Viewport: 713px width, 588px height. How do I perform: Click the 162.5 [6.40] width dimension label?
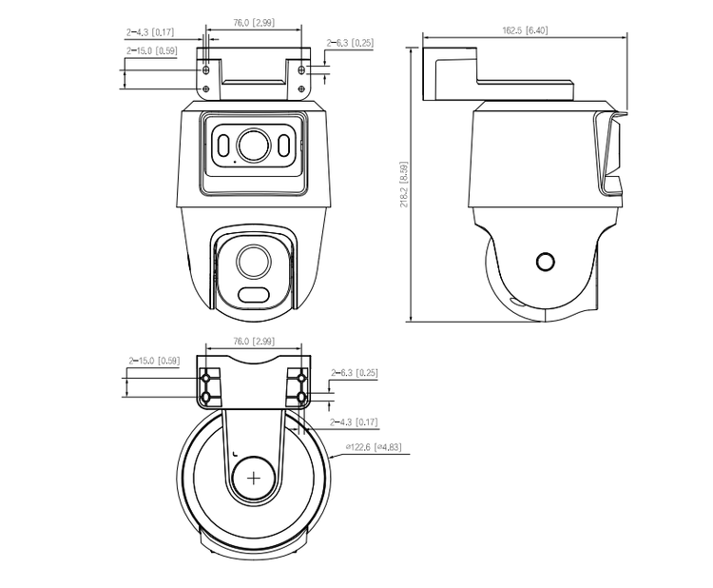tap(525, 30)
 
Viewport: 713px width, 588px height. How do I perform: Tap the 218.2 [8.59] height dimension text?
tap(404, 185)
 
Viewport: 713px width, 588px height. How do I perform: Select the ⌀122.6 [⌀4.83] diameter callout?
tap(374, 447)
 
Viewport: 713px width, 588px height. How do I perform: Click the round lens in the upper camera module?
tap(253, 145)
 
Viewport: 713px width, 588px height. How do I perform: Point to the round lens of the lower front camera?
tap(254, 262)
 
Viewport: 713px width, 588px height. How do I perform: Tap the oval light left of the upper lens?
tap(223, 146)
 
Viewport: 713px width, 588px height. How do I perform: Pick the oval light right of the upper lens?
tap(283, 146)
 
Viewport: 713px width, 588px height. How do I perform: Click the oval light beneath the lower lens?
tap(254, 294)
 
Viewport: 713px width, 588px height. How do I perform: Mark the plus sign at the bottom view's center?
tap(254, 479)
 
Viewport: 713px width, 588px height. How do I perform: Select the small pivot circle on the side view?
tap(546, 262)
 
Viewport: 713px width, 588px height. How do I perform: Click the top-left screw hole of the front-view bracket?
tap(206, 69)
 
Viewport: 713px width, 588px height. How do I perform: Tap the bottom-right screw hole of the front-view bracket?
tap(301, 88)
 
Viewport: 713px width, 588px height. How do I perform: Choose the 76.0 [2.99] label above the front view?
tap(254, 23)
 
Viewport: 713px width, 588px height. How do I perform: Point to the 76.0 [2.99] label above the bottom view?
tap(254, 342)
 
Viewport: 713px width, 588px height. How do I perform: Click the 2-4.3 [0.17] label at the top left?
tap(150, 32)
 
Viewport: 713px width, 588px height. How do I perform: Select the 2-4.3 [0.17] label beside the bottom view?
tap(354, 421)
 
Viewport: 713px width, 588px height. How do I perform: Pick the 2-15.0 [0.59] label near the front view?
tap(152, 50)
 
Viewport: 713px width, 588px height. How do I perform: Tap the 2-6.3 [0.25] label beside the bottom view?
tap(354, 373)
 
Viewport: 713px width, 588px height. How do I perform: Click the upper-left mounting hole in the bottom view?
tap(206, 378)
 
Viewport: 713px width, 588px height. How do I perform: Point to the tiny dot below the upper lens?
tap(235, 162)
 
